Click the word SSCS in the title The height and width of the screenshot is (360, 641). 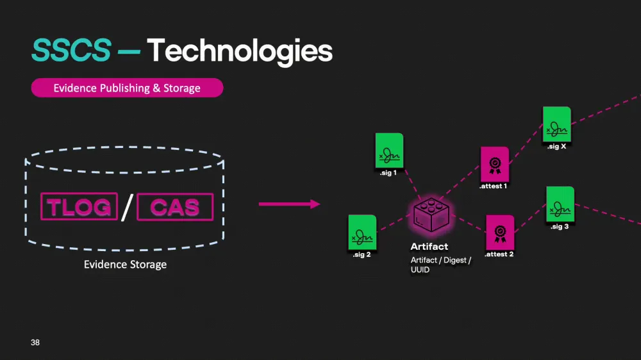click(71, 50)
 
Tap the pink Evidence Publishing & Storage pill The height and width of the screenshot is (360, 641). click(127, 88)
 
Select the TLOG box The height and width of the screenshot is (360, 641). click(79, 207)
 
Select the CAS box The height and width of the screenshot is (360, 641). click(174, 207)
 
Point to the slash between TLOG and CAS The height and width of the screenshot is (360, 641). click(127, 207)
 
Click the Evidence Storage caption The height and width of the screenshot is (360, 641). click(125, 264)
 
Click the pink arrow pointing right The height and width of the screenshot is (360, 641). click(288, 204)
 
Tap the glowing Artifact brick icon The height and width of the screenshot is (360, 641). click(430, 215)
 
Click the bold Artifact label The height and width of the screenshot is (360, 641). click(429, 247)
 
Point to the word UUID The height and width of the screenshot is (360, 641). click(420, 270)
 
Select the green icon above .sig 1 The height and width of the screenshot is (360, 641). click(389, 151)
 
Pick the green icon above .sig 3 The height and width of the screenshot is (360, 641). click(560, 204)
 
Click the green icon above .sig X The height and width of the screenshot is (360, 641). click(556, 124)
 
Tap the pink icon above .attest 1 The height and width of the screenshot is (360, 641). click(494, 164)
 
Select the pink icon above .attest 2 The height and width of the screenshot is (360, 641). click(499, 232)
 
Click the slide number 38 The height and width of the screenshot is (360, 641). click(35, 343)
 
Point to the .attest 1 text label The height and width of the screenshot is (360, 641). click(494, 186)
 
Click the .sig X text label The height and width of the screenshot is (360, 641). click(556, 147)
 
